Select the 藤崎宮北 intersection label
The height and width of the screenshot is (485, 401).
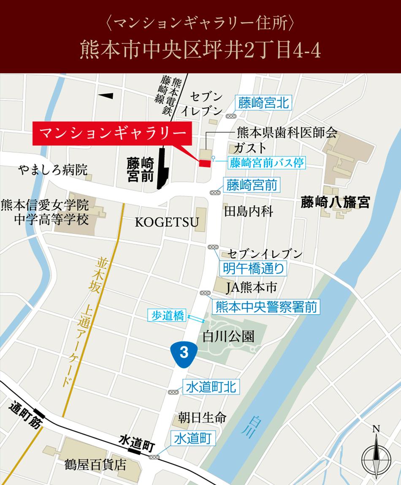(x=264, y=103)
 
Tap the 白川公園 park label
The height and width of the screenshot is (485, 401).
(x=228, y=336)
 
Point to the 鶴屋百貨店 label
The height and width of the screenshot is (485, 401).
(x=96, y=465)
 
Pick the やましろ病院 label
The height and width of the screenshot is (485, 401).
(x=53, y=170)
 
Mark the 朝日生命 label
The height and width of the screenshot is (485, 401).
(x=202, y=417)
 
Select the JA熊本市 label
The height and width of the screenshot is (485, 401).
(x=251, y=288)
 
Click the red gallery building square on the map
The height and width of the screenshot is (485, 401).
(x=205, y=163)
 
